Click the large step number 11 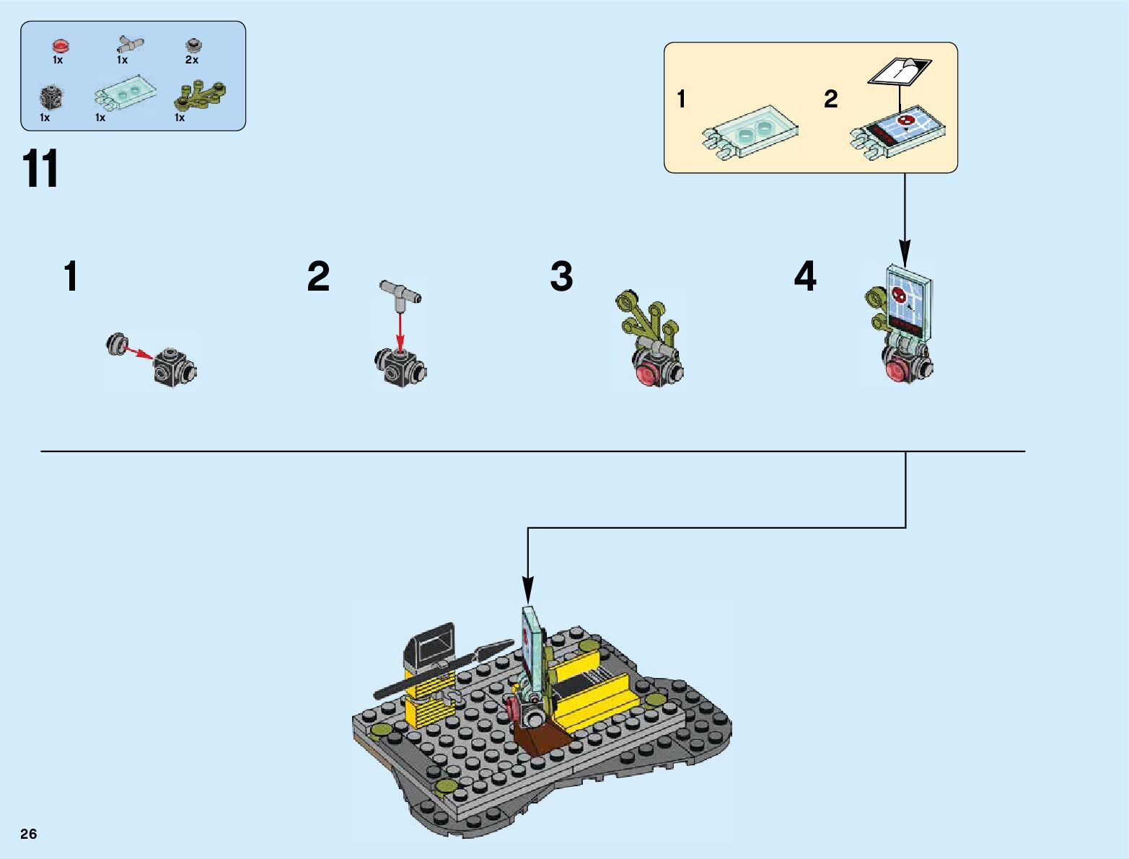tap(40, 170)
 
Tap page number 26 tap(28, 834)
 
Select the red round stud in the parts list tap(61, 47)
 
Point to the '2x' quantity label tap(192, 60)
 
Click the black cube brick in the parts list tap(50, 97)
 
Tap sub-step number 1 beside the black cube tap(70, 277)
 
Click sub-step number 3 tap(561, 277)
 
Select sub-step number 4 tap(805, 277)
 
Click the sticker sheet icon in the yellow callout tap(900, 71)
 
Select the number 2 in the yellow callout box tap(831, 99)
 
